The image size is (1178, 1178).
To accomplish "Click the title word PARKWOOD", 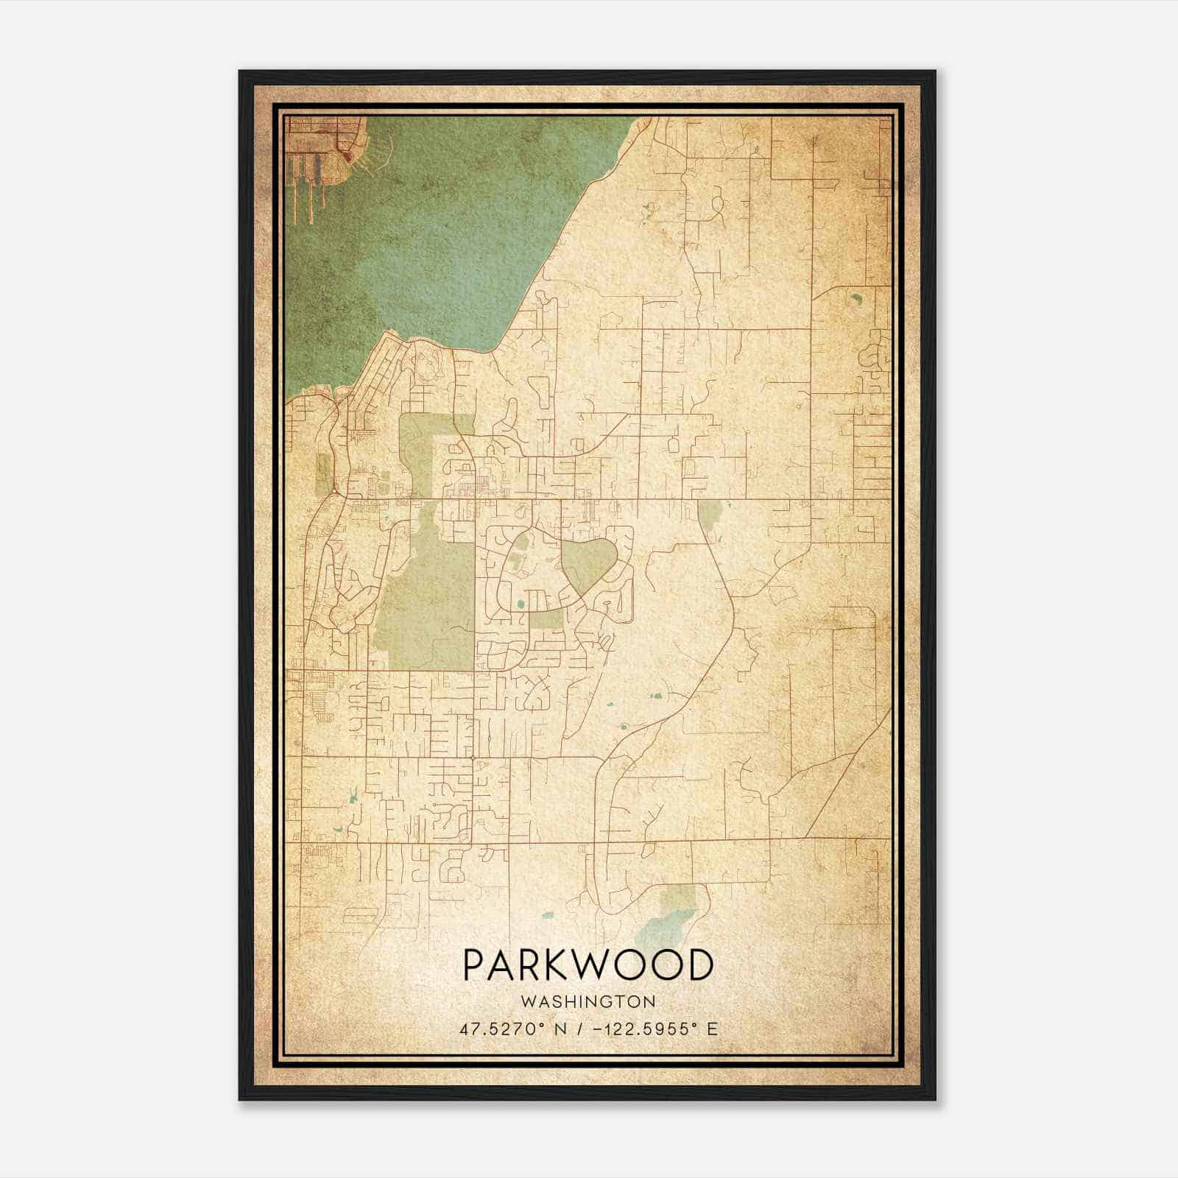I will click(x=588, y=965).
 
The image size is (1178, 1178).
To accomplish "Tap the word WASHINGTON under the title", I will click(x=588, y=1001).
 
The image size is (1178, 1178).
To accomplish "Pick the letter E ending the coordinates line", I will click(x=712, y=1029).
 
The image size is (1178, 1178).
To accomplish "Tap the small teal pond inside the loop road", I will click(x=521, y=604).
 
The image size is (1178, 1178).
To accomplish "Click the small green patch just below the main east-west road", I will click(x=708, y=514).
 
